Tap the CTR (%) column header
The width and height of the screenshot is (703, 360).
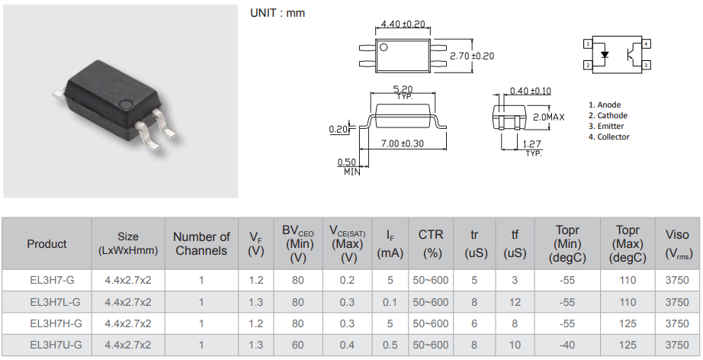tap(431, 243)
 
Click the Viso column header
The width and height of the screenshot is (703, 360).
tap(676, 243)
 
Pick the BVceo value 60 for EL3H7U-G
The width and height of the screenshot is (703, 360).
tap(297, 345)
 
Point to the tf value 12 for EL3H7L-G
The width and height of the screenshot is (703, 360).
tap(515, 302)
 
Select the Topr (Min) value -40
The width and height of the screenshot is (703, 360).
tap(567, 345)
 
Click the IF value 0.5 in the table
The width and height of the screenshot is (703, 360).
tap(390, 345)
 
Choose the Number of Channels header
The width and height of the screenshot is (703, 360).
tap(201, 243)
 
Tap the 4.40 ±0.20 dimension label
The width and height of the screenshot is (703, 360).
tap(403, 24)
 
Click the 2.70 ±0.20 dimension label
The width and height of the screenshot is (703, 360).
tap(472, 56)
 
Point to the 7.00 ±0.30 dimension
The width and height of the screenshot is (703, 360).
tap(402, 143)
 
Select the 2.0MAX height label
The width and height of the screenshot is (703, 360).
tap(547, 117)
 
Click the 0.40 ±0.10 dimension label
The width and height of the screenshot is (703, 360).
tap(530, 91)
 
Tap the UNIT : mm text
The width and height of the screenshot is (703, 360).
tap(278, 13)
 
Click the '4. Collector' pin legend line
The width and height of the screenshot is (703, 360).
tap(609, 137)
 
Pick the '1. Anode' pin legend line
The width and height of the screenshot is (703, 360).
tap(605, 104)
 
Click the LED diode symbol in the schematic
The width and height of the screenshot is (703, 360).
tap(605, 55)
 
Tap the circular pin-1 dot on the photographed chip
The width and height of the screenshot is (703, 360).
tap(126, 102)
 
